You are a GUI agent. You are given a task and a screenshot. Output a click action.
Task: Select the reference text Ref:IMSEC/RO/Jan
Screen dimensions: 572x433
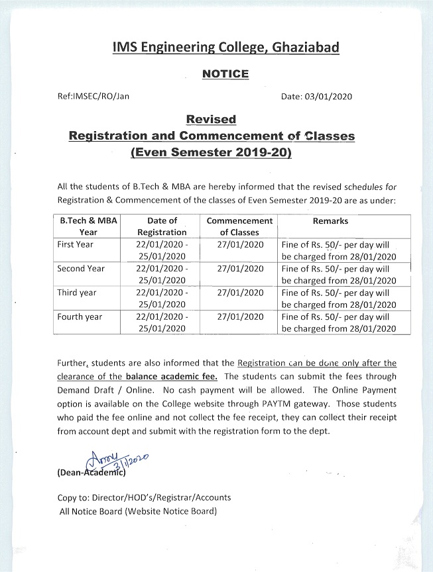pos(93,96)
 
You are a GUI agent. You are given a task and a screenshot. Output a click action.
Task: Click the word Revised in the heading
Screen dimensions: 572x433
pos(211,119)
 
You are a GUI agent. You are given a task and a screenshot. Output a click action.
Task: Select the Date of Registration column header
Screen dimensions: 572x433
pos(162,226)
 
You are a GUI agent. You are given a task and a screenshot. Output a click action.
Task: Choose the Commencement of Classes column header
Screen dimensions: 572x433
pos(239,226)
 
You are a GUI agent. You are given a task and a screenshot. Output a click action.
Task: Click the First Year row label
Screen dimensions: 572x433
pos(76,245)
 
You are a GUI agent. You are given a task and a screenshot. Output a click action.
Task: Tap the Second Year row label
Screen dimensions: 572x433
pos(81,269)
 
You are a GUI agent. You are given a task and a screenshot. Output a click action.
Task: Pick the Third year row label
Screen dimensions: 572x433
pos(77,293)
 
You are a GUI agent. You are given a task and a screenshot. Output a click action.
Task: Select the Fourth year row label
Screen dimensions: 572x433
pos(80,316)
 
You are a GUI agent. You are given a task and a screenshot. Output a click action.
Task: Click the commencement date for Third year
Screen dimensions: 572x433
pos(239,293)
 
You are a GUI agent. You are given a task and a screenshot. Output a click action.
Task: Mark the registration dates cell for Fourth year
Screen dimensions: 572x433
pos(162,322)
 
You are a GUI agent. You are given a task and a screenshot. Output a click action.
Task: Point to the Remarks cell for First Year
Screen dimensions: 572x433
pos(338,250)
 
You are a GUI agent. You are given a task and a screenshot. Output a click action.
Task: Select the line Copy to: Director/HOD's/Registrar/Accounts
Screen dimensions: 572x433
pos(145,497)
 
